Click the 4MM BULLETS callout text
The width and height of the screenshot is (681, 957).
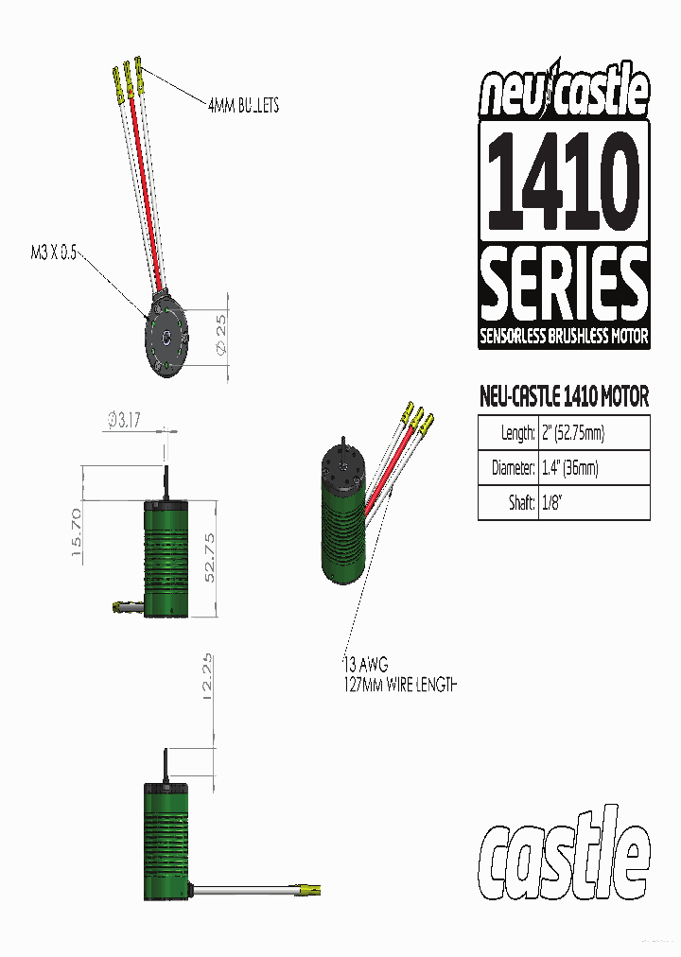tap(243, 105)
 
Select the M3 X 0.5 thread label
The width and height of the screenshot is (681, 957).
tap(54, 253)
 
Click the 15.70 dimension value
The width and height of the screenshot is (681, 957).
tap(78, 534)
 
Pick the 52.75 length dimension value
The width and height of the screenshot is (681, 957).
tap(211, 557)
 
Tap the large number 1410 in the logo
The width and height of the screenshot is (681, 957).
tap(564, 181)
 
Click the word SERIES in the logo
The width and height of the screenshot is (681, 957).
tap(564, 285)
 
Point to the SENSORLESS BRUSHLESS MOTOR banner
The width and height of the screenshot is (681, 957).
tap(564, 337)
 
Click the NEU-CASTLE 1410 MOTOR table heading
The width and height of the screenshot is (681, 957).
tap(564, 396)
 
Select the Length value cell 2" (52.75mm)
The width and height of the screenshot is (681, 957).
tap(572, 433)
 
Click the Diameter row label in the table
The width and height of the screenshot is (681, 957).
tap(508, 468)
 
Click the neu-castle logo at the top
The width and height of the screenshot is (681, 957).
tap(564, 93)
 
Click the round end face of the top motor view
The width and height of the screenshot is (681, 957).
tap(166, 339)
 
